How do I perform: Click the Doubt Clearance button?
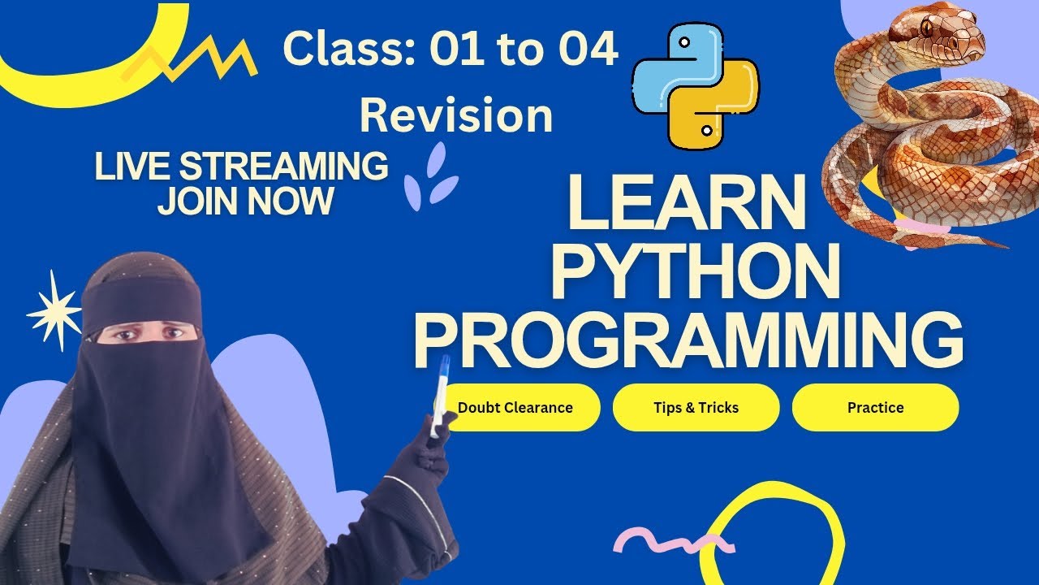tap(515, 407)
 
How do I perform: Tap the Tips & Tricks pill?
tap(696, 407)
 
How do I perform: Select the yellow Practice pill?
tap(875, 407)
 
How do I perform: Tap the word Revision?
tap(456, 115)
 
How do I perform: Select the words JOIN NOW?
tap(245, 200)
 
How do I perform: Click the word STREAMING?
tap(284, 167)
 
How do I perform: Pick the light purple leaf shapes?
tap(430, 175)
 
